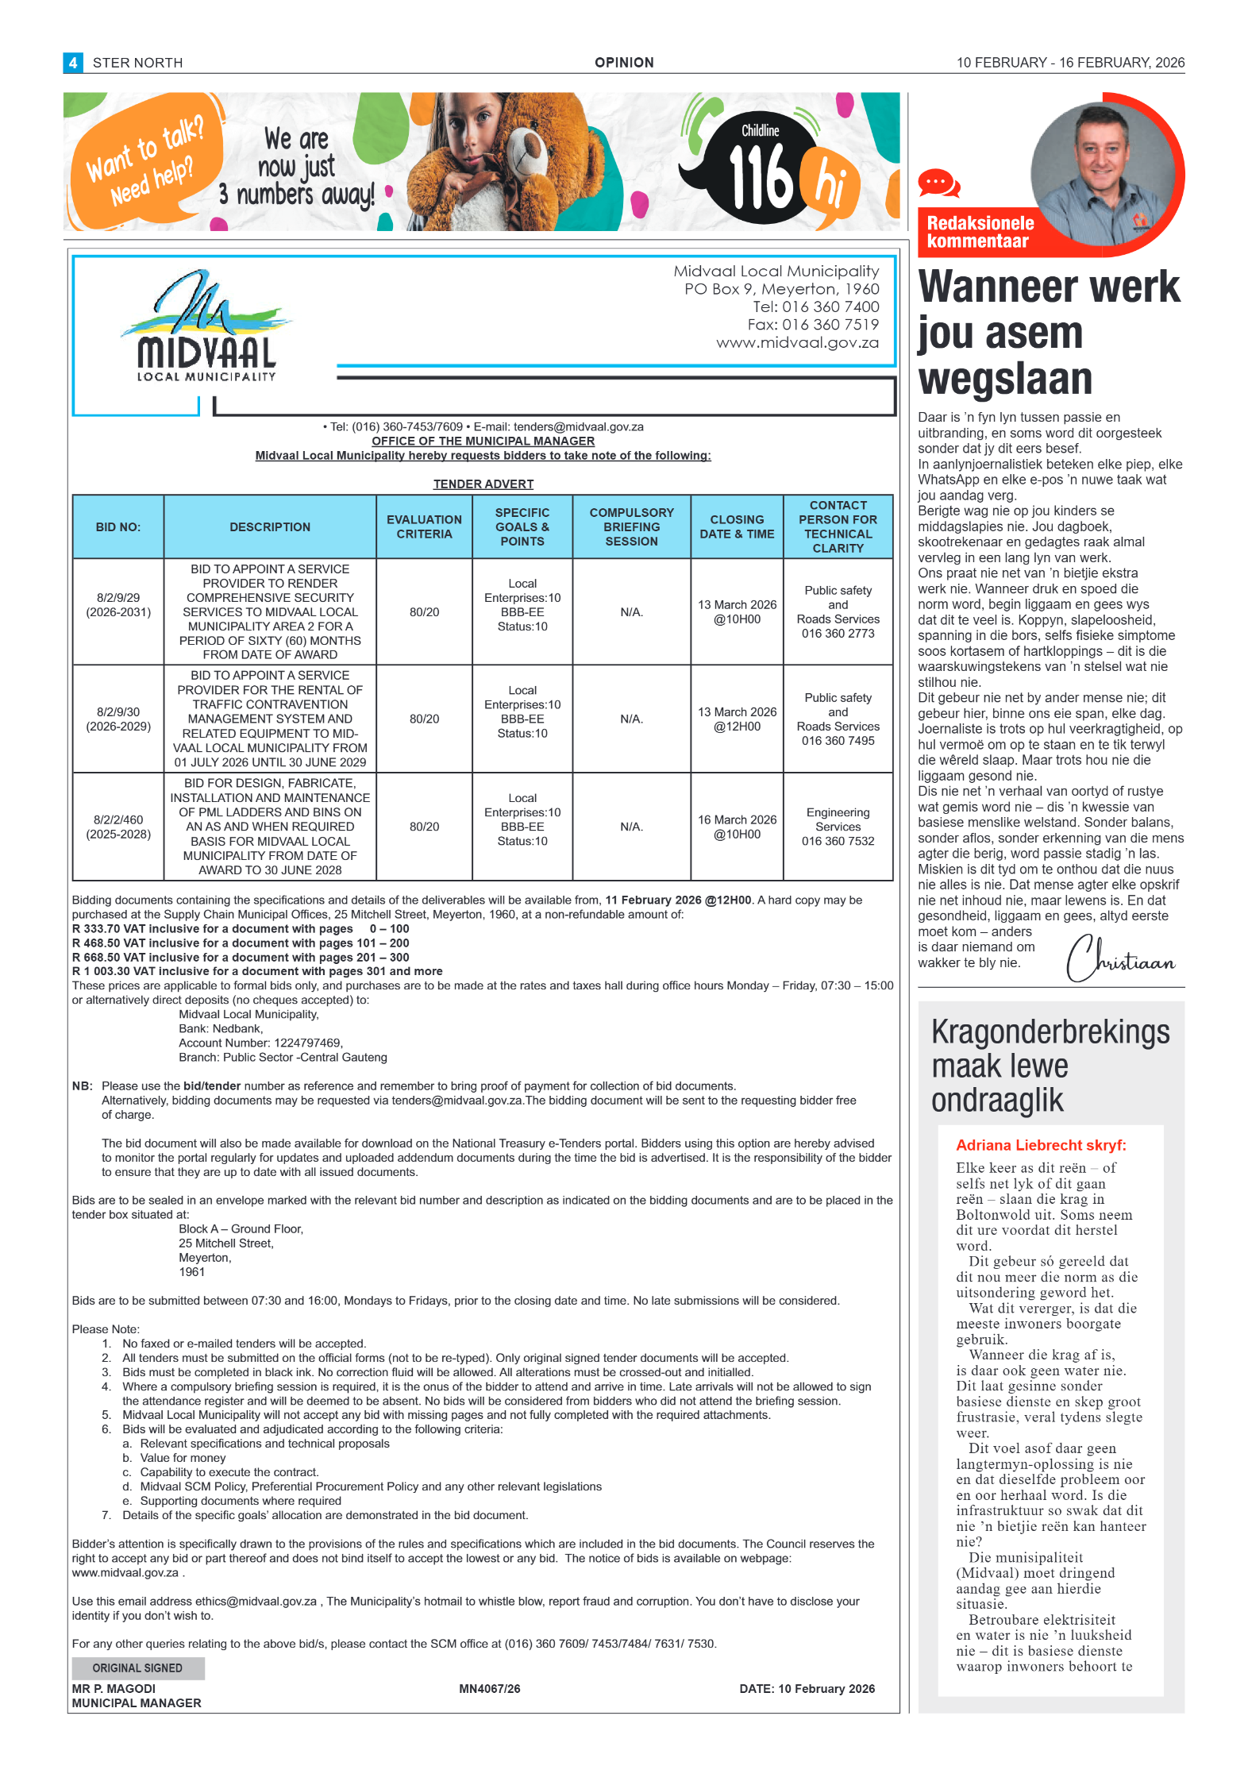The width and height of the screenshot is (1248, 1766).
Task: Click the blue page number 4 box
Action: click(x=72, y=63)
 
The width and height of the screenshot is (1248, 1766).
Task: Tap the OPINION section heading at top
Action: click(x=624, y=63)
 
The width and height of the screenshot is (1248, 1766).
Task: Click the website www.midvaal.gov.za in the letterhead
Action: click(x=797, y=343)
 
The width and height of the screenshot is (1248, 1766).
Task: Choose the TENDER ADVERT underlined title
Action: click(x=483, y=484)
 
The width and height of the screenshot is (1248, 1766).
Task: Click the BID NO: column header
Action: click(x=117, y=527)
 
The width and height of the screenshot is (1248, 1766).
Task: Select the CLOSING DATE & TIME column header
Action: click(x=737, y=527)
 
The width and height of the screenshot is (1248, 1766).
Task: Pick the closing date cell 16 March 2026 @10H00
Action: click(x=737, y=827)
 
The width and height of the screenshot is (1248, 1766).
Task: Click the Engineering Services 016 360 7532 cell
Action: click(x=838, y=827)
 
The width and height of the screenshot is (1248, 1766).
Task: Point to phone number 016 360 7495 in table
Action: click(x=838, y=741)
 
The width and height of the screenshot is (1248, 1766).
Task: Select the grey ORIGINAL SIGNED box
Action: click(x=137, y=1668)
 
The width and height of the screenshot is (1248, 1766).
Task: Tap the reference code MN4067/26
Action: click(x=489, y=1689)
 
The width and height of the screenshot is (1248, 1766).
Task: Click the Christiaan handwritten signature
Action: click(x=1119, y=959)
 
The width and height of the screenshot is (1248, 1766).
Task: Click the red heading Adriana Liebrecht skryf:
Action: click(x=1041, y=1145)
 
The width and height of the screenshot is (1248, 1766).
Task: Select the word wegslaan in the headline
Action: click(x=1005, y=379)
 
